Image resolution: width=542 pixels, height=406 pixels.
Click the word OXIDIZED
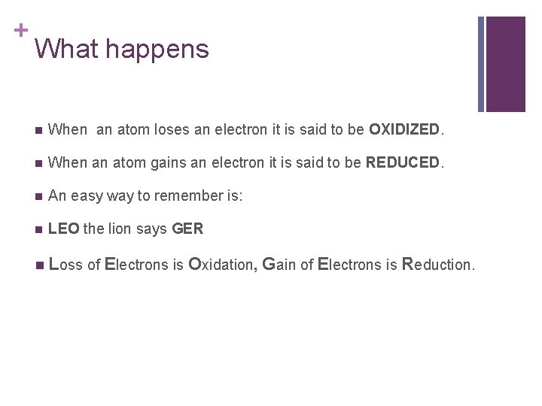[x=404, y=129]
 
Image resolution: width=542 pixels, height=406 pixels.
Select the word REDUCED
[x=402, y=162]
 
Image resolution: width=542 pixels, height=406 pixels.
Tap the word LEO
[x=63, y=229]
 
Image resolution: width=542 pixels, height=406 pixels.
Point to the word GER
[x=187, y=229]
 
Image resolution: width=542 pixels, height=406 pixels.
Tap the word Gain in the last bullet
[x=279, y=265]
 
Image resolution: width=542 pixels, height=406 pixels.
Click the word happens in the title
[x=157, y=49]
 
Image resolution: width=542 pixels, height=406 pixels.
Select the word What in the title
[x=66, y=49]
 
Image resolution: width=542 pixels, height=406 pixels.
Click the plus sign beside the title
[x=20, y=30]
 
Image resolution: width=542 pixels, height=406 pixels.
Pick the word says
[x=151, y=229]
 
